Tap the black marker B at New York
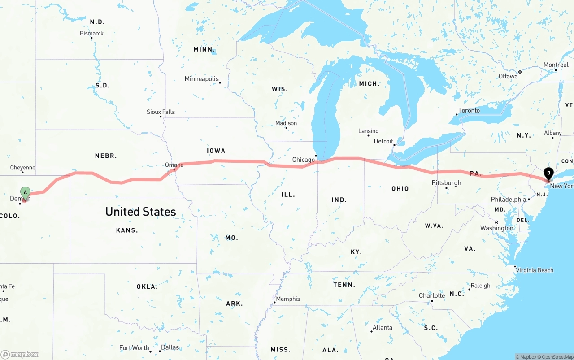pyautogui.click(x=548, y=173)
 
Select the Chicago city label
pyautogui.click(x=304, y=160)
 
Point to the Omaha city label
pyautogui.click(x=174, y=165)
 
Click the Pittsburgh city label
pyautogui.click(x=446, y=182)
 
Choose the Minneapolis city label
pyautogui.click(x=202, y=79)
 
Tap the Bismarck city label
pyautogui.click(x=91, y=33)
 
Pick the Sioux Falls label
pyautogui.click(x=161, y=112)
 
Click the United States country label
pyautogui.click(x=140, y=212)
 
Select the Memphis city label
pyautogui.click(x=288, y=299)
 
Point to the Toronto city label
pyautogui.click(x=469, y=110)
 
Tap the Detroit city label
pyautogui.click(x=383, y=141)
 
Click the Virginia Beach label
pyautogui.click(x=535, y=270)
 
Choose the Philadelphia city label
pyautogui.click(x=509, y=199)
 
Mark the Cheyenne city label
pyautogui.click(x=22, y=168)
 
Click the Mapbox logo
pyautogui.click(x=20, y=354)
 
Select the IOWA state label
pyautogui.click(x=216, y=151)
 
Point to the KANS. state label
pyautogui.click(x=127, y=230)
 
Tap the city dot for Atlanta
pyautogui.click(x=371, y=331)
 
